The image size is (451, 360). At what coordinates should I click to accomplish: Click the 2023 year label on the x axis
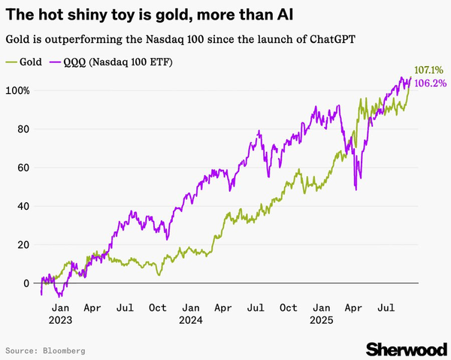click(x=61, y=319)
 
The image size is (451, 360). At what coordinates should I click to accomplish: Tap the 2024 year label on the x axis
click(x=191, y=319)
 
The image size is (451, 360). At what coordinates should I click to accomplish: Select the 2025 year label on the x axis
click(x=322, y=319)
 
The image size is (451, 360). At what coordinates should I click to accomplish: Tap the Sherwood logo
click(x=406, y=348)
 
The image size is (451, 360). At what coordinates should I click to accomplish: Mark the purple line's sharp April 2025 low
click(x=355, y=189)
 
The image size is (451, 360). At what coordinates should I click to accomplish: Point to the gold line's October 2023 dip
click(x=159, y=275)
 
